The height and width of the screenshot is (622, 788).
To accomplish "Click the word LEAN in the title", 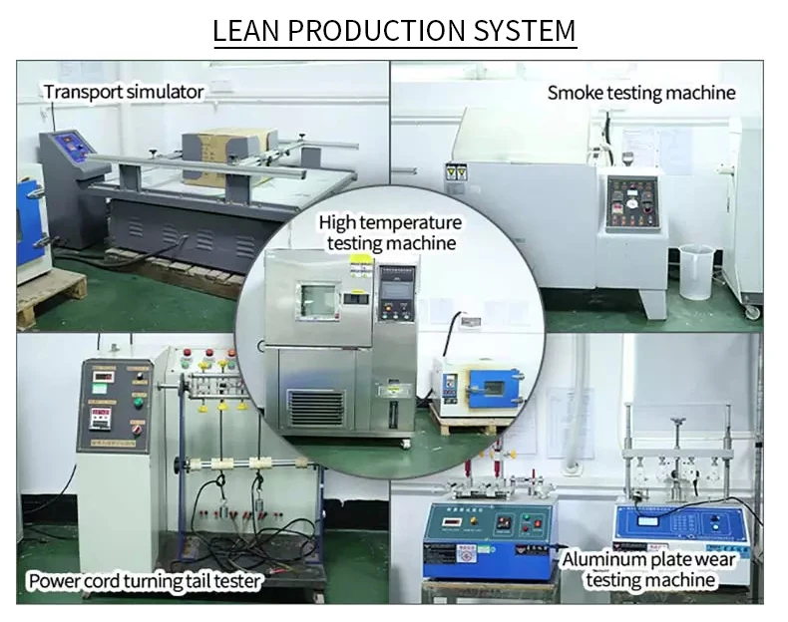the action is click(248, 30).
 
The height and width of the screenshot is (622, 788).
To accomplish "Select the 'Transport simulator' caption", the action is click(124, 92).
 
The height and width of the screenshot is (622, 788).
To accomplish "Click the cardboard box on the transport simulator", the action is click(228, 155).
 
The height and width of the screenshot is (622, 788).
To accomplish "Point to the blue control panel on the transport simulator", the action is click(72, 150).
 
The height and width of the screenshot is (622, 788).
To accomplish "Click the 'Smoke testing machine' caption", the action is click(641, 93).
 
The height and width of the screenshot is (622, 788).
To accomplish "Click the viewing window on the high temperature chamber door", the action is click(319, 299).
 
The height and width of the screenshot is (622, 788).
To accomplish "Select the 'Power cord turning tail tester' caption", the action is click(146, 581).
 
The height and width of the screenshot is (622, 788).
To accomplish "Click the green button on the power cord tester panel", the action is click(139, 403).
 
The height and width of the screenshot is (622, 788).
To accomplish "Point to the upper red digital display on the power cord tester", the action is click(104, 376).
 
